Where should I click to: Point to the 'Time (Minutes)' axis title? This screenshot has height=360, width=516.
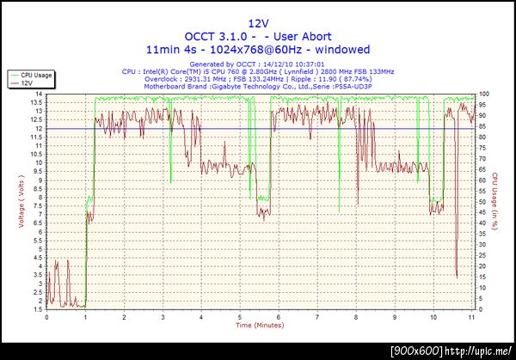coord(257,326)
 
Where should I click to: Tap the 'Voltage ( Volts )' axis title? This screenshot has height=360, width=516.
coord(21,203)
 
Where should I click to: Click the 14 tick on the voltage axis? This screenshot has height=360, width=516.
coord(39,94)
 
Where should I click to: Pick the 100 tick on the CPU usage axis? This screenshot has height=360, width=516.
coord(485,94)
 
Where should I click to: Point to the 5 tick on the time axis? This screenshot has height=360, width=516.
coord(240,315)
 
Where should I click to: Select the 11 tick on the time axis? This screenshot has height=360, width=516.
coord(471,315)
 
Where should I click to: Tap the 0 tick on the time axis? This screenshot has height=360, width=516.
coord(46,315)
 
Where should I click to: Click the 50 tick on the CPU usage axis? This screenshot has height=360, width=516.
coord(483,201)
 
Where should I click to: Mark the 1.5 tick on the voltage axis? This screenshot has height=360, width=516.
coord(38,308)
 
